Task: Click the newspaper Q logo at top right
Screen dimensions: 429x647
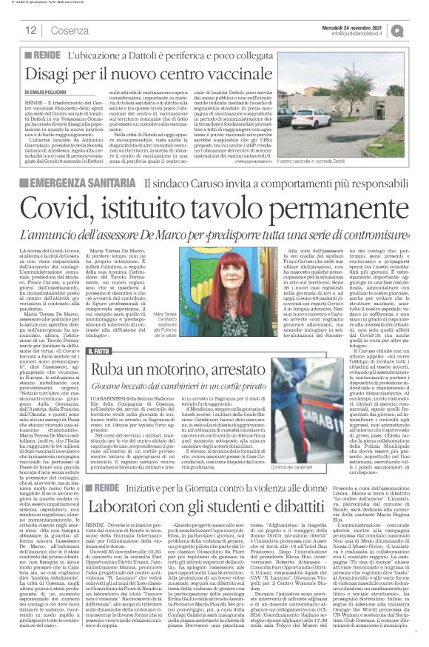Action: [x=417, y=30]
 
